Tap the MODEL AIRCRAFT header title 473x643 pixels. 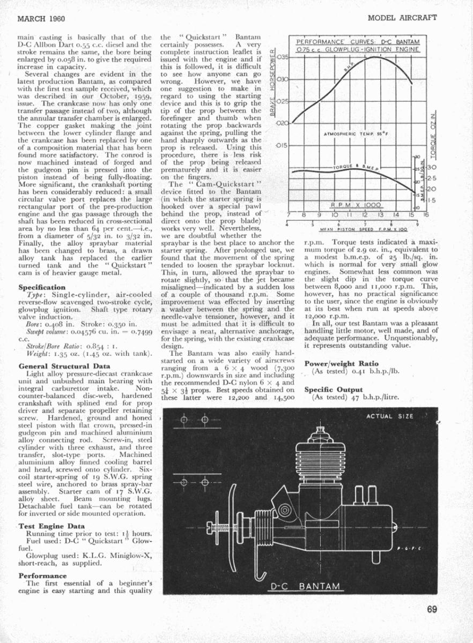point(403,18)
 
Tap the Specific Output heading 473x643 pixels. point(334,390)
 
